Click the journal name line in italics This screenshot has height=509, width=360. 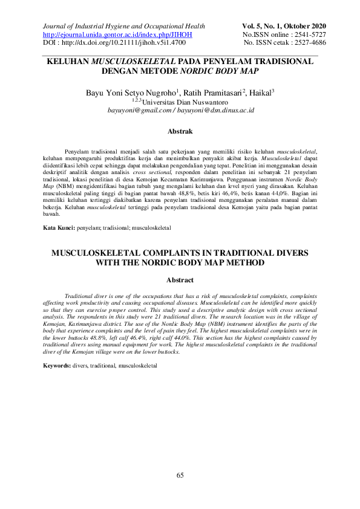point(124,26)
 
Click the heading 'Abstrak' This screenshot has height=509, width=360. point(180,131)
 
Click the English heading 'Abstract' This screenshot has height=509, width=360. point(180,280)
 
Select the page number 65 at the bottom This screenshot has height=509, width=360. point(180,476)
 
